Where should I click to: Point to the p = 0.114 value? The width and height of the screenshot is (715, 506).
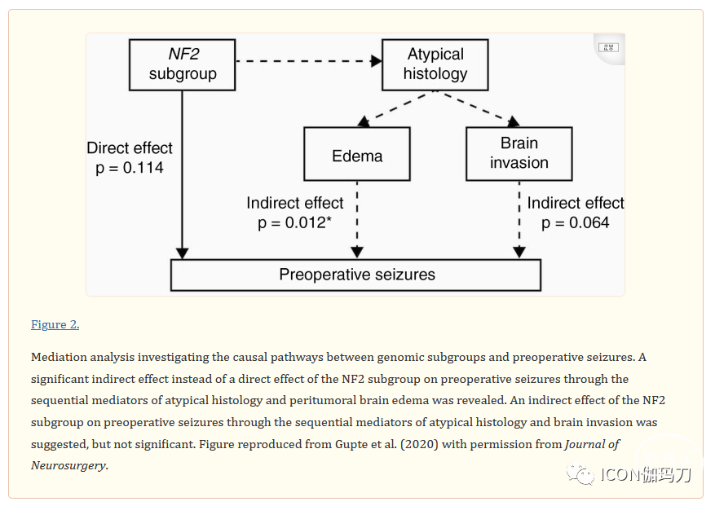pyautogui.click(x=130, y=168)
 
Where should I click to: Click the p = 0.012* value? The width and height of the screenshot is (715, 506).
pyautogui.click(x=294, y=223)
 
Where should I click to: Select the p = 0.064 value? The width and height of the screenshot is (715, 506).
pyautogui.click(x=575, y=223)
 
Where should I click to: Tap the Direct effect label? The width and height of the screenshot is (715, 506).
pyautogui.click(x=130, y=148)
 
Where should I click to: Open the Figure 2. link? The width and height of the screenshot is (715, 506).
pyautogui.click(x=55, y=324)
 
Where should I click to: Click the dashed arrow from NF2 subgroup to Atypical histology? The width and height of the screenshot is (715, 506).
pyautogui.click(x=309, y=61)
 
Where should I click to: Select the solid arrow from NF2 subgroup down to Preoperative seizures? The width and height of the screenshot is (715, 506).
pyautogui.click(x=183, y=174)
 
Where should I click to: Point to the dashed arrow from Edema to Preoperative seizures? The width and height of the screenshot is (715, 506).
pyautogui.click(x=357, y=220)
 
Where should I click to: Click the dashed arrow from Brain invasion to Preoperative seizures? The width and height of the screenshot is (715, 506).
pyautogui.click(x=519, y=220)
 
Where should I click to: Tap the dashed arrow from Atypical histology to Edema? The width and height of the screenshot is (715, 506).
pyautogui.click(x=395, y=108)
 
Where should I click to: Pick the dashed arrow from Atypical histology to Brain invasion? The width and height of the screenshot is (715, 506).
pyautogui.click(x=479, y=108)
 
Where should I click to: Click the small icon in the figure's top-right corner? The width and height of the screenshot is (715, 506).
pyautogui.click(x=609, y=47)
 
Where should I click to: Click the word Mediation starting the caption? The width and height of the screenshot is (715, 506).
pyautogui.click(x=60, y=357)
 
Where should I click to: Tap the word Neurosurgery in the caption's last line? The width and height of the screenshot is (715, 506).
pyautogui.click(x=68, y=466)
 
